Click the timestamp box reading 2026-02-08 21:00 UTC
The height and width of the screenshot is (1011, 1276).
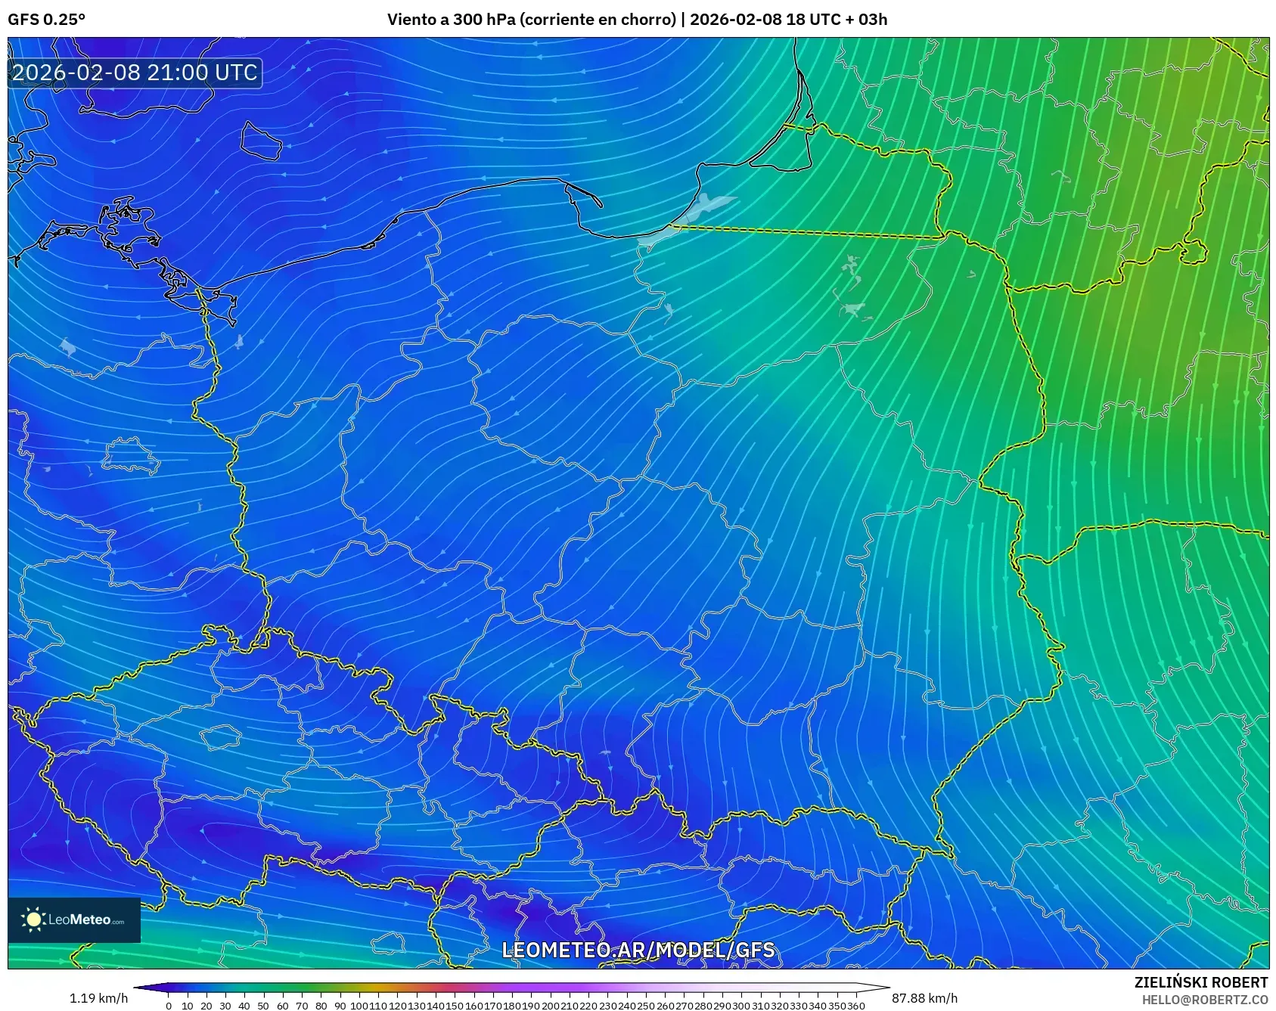click(x=135, y=73)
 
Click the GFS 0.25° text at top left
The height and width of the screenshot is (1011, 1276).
click(x=46, y=20)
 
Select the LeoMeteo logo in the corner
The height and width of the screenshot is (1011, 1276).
click(x=74, y=920)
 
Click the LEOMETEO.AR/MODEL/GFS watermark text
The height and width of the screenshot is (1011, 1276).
click(x=638, y=950)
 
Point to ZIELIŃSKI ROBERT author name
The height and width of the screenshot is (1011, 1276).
click(x=1200, y=982)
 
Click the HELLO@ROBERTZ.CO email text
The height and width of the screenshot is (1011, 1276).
click(x=1204, y=1000)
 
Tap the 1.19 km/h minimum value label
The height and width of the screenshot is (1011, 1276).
click(x=98, y=998)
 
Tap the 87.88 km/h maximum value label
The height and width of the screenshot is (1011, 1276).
click(x=924, y=998)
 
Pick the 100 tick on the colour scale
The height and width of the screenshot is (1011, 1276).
click(x=359, y=1006)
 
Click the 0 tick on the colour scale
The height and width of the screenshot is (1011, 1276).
click(x=168, y=1006)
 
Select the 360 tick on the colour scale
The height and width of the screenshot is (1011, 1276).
click(x=855, y=1006)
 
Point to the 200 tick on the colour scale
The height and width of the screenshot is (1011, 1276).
click(x=550, y=1006)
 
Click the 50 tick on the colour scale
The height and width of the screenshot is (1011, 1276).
click(x=263, y=1006)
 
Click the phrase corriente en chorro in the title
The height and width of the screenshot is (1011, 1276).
click(x=598, y=20)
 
